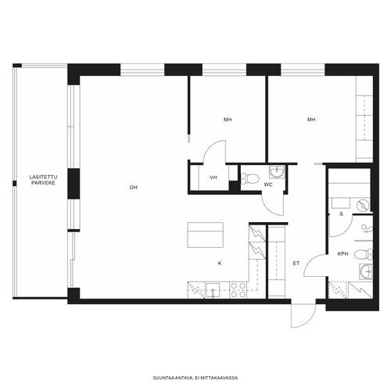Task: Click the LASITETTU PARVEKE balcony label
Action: (43, 180)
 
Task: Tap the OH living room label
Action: (134, 188)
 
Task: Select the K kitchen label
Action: (220, 264)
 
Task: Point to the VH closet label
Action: (213, 178)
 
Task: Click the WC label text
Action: (268, 185)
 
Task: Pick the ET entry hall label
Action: (296, 264)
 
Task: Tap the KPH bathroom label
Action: (343, 253)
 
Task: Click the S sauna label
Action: (341, 214)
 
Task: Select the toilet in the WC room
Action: (250, 178)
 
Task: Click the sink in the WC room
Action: (277, 171)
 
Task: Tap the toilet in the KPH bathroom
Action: (364, 254)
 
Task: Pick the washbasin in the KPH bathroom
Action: (366, 271)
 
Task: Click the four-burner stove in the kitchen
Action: (239, 290)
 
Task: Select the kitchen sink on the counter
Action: (213, 290)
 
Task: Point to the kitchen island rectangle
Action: (206, 235)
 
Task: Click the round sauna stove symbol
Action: (363, 205)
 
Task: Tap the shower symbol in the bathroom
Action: (367, 228)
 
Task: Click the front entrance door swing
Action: (303, 315)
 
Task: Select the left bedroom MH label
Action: (228, 120)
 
